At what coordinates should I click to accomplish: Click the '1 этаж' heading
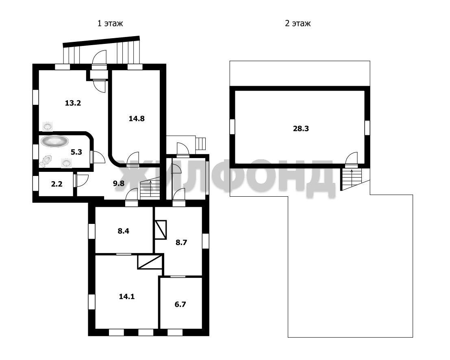coord(110,23)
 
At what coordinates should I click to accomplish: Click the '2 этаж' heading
coord(298,23)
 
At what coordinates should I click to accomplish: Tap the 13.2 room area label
coord(73,103)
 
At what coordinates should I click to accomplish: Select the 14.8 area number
coord(137,118)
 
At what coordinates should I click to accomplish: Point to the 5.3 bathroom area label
coord(76,152)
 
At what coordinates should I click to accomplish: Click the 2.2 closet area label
coord(57,184)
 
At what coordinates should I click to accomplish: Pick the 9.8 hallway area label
coord(119,183)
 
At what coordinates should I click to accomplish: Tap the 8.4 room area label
coord(124,231)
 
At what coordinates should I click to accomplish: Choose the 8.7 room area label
coord(181,243)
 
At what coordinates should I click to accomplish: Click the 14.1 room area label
coord(127,296)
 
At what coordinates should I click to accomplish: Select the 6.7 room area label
coord(180,304)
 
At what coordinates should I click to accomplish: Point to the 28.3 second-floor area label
coord(301,128)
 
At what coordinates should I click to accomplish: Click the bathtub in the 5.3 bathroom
coord(54,141)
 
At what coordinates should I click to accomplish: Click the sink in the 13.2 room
coord(48,126)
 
